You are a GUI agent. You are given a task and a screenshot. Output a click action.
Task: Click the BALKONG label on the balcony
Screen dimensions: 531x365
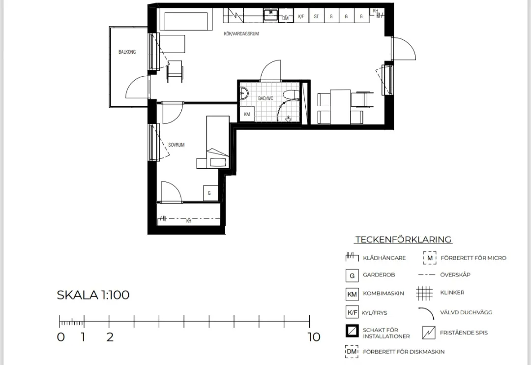[x=127, y=52]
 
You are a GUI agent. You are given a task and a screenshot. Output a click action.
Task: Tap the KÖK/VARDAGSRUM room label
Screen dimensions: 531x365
[x=241, y=33]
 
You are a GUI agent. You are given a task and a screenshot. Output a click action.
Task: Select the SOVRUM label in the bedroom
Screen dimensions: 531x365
[x=177, y=145]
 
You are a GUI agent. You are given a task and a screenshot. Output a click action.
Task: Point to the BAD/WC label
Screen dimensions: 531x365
[x=265, y=98]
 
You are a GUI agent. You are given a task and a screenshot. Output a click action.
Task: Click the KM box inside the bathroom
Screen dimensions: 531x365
[x=247, y=114]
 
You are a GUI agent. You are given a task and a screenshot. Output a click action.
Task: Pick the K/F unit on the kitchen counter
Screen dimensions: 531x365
[x=301, y=16]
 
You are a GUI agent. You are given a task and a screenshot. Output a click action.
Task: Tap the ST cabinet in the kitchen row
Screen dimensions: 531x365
[x=316, y=16]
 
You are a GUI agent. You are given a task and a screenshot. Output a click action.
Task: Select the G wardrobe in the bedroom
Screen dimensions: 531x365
[x=209, y=193]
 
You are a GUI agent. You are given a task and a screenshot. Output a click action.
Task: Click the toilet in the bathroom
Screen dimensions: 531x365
[x=291, y=94]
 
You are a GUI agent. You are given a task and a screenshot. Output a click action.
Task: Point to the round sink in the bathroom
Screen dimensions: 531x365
[x=244, y=93]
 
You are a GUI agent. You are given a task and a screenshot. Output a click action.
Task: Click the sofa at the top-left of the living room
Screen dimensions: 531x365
[x=186, y=21]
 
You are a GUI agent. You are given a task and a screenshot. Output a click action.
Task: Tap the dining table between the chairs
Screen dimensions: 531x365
[x=340, y=107]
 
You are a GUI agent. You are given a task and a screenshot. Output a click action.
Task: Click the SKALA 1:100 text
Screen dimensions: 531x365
[x=93, y=295]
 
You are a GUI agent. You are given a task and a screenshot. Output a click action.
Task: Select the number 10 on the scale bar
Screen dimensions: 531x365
[x=314, y=337]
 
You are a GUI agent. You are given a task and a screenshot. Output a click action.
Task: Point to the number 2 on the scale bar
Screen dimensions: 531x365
[x=110, y=337]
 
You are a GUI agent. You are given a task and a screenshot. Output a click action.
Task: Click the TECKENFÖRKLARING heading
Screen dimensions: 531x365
[x=403, y=239]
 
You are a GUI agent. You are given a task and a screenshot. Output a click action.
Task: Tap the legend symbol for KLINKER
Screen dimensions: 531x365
[x=424, y=293]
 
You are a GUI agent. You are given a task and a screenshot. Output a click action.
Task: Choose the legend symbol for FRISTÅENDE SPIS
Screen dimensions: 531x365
[x=429, y=333]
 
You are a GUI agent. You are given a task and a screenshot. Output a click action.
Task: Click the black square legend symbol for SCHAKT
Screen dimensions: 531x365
[x=352, y=331]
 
